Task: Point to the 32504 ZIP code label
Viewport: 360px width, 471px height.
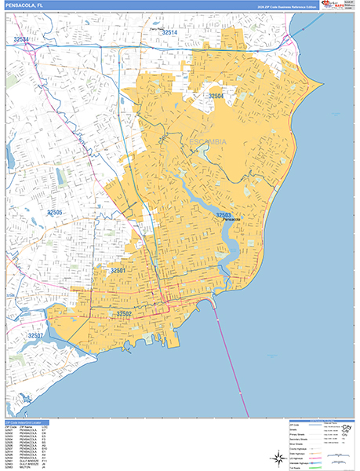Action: (x=216, y=96)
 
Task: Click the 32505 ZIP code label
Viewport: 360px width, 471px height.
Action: (x=55, y=212)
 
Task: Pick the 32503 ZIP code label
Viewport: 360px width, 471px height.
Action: (x=225, y=214)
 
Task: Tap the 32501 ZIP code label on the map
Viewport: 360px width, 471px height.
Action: (x=118, y=270)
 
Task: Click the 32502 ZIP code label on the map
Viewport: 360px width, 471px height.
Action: (x=125, y=314)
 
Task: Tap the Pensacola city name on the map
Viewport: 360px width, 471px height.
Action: (x=231, y=220)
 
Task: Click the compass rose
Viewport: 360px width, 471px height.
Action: (x=278, y=457)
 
